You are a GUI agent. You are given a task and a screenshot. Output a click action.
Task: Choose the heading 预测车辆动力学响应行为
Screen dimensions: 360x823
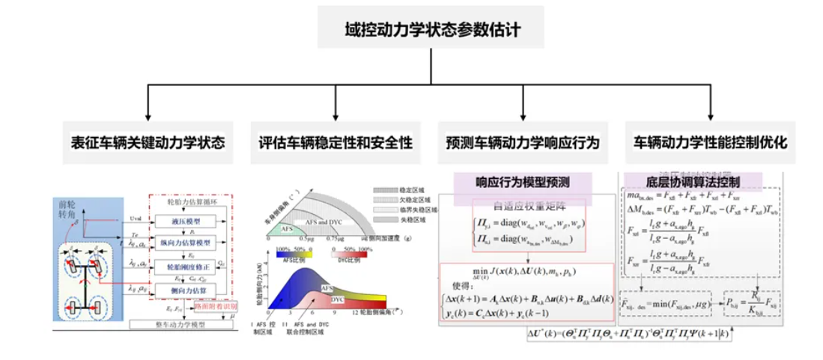click(522, 141)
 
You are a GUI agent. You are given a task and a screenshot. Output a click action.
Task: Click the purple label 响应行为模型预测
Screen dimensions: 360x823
click(523, 182)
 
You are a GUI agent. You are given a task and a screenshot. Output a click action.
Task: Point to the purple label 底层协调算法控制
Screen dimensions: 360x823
click(692, 182)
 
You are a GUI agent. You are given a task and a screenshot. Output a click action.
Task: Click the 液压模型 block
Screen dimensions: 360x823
click(186, 221)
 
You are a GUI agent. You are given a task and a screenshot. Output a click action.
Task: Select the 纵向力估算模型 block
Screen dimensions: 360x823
click(186, 243)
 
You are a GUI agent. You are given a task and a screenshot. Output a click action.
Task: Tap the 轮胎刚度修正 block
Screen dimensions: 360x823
click(186, 266)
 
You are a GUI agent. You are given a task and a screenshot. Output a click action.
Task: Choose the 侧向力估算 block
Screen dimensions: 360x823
click(186, 288)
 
